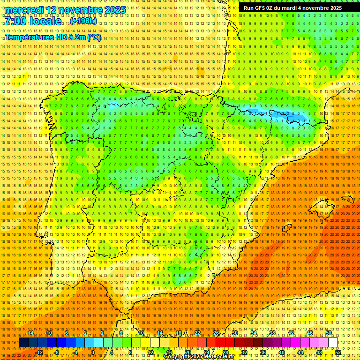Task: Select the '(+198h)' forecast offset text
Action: coord(83,21)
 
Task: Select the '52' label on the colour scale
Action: coord(338,352)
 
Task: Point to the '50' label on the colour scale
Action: coord(329,332)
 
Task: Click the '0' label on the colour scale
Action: coord(94,352)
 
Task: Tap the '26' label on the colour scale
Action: coord(216,332)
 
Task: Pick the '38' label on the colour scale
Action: coord(272,332)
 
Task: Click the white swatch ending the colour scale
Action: coord(333,343)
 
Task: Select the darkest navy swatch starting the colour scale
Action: coord(23,343)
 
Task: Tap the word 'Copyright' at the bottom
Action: coord(178,357)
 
